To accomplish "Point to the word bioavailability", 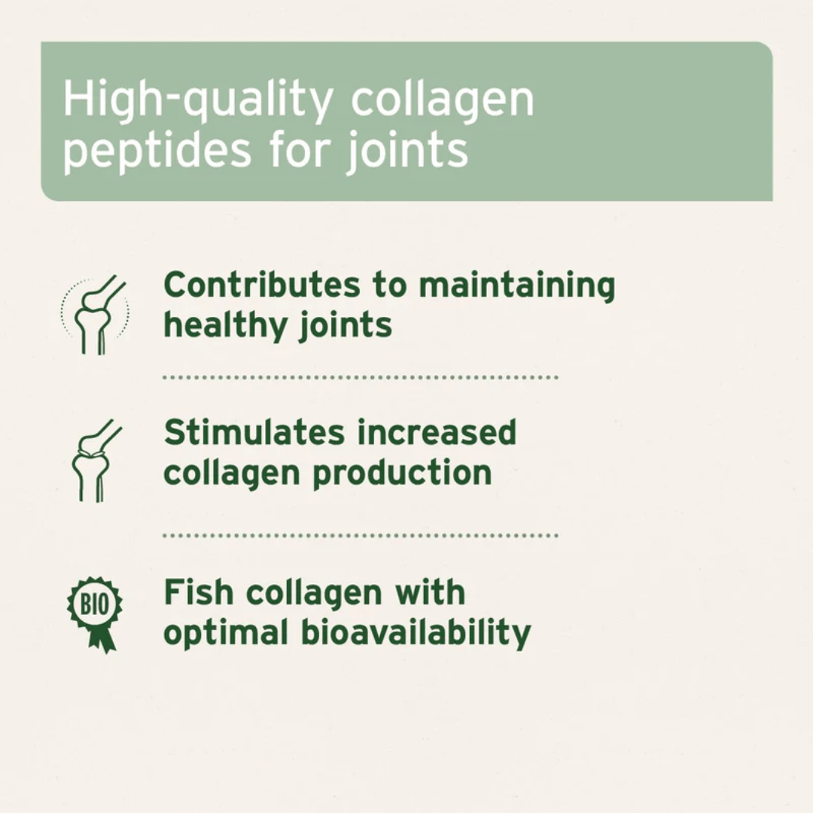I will [416, 633].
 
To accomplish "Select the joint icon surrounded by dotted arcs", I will [96, 313].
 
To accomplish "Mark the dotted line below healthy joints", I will [361, 376].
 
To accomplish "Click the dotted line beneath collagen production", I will [361, 535].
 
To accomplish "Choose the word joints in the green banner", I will [407, 150].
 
